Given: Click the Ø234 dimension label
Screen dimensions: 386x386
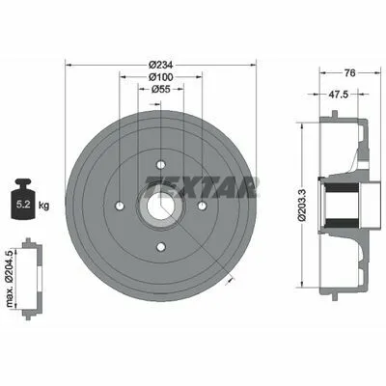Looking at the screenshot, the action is [161, 66].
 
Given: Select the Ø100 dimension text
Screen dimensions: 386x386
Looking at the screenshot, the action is [161, 77].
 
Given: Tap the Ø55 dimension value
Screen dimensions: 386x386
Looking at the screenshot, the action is [161, 89].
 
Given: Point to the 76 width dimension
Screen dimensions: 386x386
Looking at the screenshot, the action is [349, 73].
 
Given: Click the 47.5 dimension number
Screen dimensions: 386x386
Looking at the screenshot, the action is [338, 95].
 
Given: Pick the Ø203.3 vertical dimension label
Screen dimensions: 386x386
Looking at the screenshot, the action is [302, 206].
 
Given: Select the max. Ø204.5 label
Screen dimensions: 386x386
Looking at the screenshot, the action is [12, 279].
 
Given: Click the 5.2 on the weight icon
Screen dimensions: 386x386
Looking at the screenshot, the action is [23, 205].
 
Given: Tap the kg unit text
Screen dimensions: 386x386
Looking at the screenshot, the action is [43, 205].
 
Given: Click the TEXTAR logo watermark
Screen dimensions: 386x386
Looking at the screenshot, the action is [202, 187].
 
